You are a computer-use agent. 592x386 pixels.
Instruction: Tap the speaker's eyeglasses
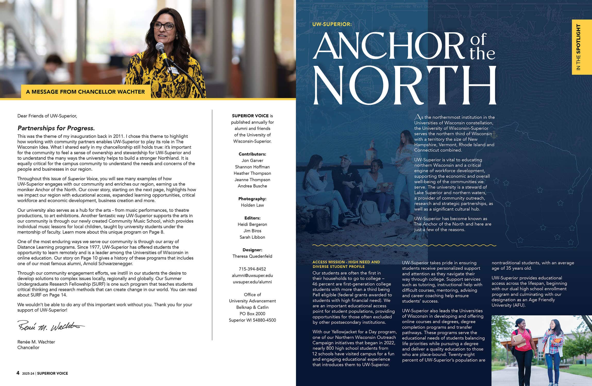coord(163,26)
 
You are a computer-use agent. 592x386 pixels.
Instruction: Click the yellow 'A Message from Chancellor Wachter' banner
coord(85,92)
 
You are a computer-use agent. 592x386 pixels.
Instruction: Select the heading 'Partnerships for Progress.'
coord(56,128)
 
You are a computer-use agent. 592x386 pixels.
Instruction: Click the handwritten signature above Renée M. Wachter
coord(51,326)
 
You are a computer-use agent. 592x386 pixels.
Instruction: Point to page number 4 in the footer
coord(18,373)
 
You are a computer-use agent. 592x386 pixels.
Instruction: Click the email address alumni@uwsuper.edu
coord(252,275)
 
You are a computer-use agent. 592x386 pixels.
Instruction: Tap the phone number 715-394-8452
coord(252,269)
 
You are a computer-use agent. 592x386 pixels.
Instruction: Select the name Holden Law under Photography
coord(252,205)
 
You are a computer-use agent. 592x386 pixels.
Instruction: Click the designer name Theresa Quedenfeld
coord(252,256)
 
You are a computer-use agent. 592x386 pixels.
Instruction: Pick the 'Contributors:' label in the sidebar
coord(252,154)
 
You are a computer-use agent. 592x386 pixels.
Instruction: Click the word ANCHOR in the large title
coord(389,46)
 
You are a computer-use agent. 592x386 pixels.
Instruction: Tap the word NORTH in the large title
coord(404,85)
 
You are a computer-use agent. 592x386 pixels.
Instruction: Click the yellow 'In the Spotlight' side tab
coord(582,47)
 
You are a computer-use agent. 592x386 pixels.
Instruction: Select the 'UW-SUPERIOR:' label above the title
coord(332,24)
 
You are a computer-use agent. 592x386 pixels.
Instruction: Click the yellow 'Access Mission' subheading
coord(346,264)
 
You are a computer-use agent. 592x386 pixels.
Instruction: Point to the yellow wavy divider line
coord(404,245)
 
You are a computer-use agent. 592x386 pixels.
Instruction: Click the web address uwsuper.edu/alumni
coord(252,282)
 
